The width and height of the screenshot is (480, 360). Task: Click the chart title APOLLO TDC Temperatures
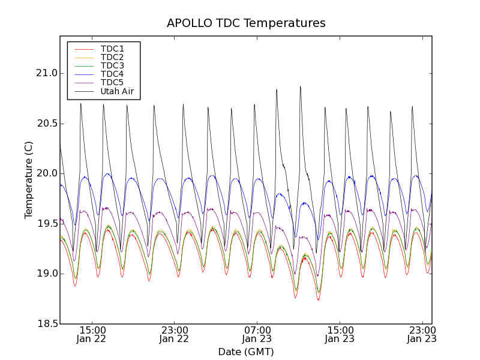(x=246, y=23)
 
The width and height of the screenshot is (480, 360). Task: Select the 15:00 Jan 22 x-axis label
(x=92, y=334)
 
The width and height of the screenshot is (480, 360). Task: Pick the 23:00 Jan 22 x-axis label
(x=174, y=334)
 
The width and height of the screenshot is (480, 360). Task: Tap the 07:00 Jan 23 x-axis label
(x=257, y=334)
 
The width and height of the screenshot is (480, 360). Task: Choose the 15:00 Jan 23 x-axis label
(x=340, y=334)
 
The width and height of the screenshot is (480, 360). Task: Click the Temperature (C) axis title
(x=29, y=180)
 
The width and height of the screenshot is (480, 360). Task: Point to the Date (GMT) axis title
(x=246, y=352)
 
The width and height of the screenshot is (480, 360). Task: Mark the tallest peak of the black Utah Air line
(x=300, y=86)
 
